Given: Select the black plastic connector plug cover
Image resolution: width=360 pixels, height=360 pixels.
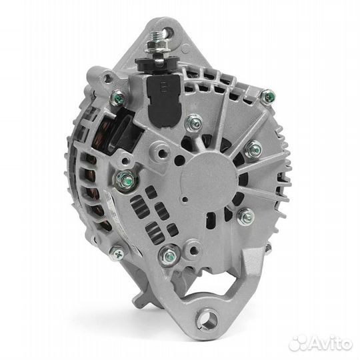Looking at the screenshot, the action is click(x=164, y=101).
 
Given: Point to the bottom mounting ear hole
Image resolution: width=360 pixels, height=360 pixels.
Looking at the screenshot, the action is click(x=209, y=319).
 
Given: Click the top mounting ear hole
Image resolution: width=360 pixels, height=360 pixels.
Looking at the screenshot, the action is click(x=169, y=33).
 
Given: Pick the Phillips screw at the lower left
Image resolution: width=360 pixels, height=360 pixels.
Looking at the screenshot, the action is click(x=117, y=253).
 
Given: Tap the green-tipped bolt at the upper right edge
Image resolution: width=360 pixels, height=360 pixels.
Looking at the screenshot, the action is click(x=268, y=97).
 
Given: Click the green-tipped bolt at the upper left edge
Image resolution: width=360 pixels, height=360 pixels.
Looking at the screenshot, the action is click(x=119, y=98).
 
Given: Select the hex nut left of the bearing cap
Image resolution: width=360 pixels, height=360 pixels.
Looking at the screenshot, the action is click(x=126, y=179).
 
